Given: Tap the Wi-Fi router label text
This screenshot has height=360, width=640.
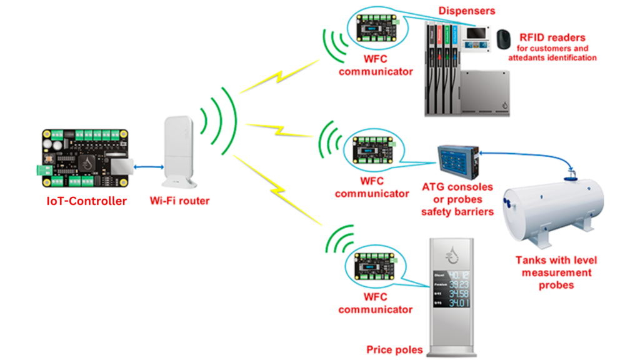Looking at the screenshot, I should coord(179,201).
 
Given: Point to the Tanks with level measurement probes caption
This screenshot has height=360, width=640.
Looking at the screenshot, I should coord(552,272).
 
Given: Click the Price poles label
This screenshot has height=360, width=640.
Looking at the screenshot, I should coord(394,349).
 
